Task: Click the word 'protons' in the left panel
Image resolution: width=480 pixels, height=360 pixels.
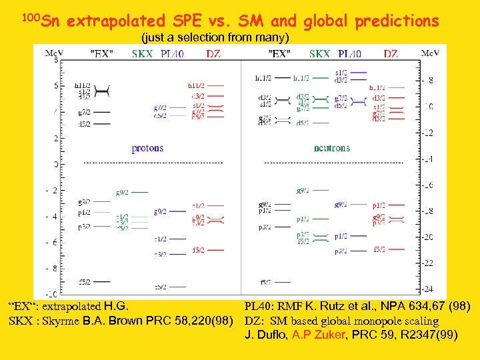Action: pos(147,148)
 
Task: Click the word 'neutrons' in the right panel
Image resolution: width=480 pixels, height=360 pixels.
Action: pos(331,148)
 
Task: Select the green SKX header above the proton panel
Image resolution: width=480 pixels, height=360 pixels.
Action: pos(142,54)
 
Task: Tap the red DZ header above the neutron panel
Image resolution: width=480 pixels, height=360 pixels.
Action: pos(391,54)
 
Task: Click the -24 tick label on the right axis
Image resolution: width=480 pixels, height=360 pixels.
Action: pos(427,289)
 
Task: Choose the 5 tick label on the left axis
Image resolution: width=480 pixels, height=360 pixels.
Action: pos(55,86)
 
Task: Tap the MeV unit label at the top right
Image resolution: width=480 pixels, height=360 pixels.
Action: pos(430,53)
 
